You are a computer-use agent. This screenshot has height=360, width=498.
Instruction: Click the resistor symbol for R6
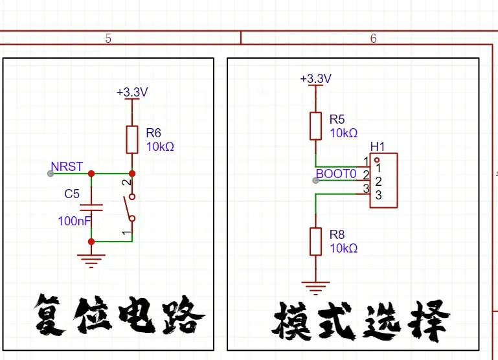coord(132,138)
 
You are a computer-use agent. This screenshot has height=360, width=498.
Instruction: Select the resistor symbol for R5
coord(315,126)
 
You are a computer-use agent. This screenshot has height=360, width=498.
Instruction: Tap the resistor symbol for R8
coord(315,241)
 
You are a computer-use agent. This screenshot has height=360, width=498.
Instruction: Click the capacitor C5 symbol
coord(91,208)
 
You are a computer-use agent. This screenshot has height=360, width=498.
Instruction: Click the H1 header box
coord(383,181)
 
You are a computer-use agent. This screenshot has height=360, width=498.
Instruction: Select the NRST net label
coord(67,167)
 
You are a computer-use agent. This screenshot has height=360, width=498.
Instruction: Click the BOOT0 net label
coord(336,174)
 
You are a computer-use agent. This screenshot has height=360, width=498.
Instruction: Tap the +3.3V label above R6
coord(132,93)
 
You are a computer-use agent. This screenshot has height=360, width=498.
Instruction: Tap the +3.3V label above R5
coord(315,78)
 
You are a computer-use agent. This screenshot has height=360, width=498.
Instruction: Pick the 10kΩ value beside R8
coord(344,249)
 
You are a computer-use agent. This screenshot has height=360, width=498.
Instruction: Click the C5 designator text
coord(72,194)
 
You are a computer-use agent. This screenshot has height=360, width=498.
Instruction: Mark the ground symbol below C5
coord(91,260)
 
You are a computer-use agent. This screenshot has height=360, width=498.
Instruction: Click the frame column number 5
coord(108,39)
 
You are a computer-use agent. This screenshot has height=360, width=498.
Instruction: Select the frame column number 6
coord(374,39)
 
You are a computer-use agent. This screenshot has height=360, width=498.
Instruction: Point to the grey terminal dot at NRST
coord(51,174)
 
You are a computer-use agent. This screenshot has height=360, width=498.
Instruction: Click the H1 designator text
coord(378,147)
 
